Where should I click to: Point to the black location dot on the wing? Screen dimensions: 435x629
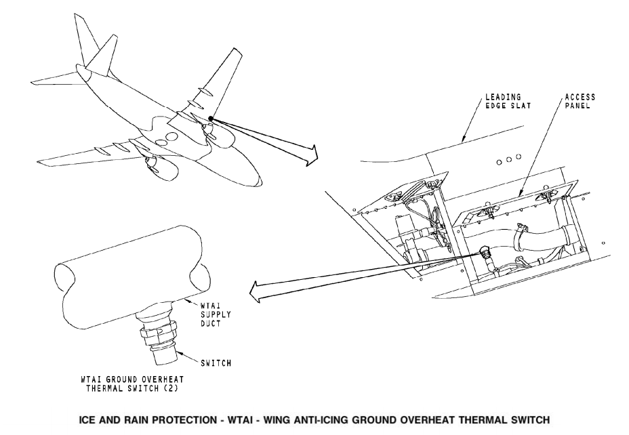[x=211, y=119]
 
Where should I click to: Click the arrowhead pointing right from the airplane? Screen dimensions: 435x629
[x=309, y=157]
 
